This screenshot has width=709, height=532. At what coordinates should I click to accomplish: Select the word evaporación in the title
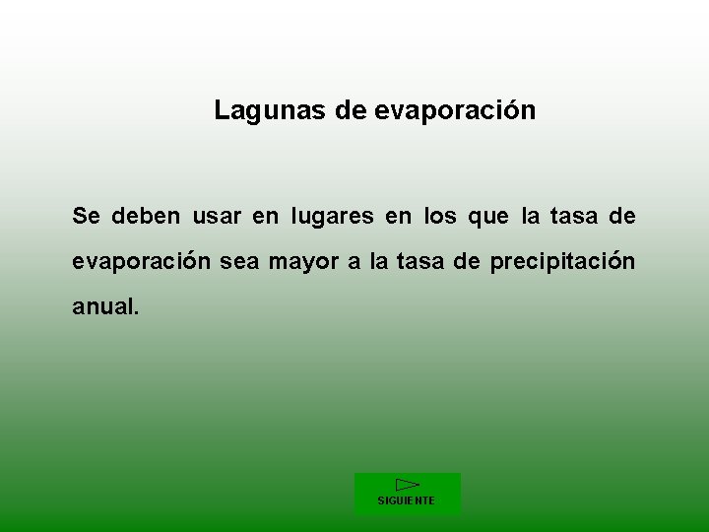(455, 111)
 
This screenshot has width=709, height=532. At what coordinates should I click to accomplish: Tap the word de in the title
(351, 111)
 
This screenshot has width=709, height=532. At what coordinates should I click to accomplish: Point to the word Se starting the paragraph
(86, 216)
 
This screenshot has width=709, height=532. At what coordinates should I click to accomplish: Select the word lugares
(332, 217)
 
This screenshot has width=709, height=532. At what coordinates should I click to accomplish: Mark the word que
(488, 217)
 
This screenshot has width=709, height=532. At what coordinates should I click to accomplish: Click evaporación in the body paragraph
(141, 262)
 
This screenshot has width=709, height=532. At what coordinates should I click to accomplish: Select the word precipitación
(562, 262)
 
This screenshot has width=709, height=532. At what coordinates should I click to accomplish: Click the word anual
(105, 306)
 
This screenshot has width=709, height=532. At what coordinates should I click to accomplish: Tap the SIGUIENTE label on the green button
(406, 500)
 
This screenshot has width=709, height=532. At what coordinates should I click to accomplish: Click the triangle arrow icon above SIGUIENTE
(407, 484)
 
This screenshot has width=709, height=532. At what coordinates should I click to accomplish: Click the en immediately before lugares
(266, 216)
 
